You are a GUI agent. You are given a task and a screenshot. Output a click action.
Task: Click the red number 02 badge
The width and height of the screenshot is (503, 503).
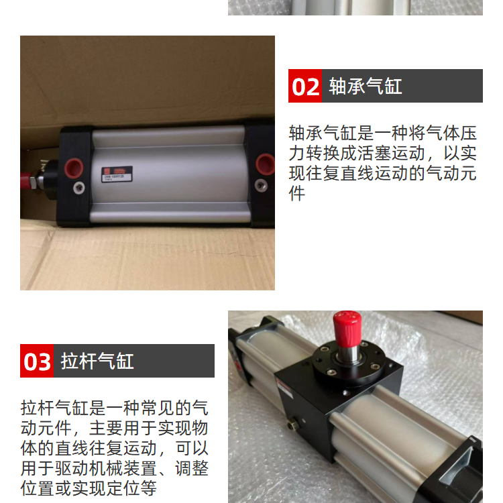[304, 86]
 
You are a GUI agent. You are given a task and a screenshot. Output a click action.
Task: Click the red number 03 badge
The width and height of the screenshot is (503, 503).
[37, 361]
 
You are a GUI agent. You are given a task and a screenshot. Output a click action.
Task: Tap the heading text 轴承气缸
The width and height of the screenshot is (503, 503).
[366, 87]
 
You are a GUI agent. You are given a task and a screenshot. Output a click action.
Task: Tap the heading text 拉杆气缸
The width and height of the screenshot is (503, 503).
[97, 361]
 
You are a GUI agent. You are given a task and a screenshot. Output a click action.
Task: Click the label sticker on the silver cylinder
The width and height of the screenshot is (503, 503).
[117, 174]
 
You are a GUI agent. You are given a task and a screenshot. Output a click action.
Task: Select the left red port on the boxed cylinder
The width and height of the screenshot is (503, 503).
[74, 168]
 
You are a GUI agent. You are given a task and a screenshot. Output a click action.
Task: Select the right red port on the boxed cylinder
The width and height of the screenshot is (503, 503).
[266, 164]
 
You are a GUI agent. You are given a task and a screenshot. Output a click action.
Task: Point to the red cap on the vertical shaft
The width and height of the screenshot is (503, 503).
[347, 328]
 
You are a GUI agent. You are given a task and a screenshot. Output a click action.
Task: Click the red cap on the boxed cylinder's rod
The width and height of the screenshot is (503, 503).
[26, 180]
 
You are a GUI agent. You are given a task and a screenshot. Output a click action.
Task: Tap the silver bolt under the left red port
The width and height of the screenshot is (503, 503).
[79, 188]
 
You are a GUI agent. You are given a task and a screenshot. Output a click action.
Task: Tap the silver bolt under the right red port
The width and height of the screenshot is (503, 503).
[261, 185]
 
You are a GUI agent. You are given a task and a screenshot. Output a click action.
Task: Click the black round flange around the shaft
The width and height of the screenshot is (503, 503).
[349, 361]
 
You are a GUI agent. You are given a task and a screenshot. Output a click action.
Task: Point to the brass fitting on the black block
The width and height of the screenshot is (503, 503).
[294, 425]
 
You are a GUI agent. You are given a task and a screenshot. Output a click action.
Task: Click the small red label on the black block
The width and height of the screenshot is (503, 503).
[284, 385]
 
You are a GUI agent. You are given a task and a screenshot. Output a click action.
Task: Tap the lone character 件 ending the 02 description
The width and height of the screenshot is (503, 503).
[296, 193]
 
